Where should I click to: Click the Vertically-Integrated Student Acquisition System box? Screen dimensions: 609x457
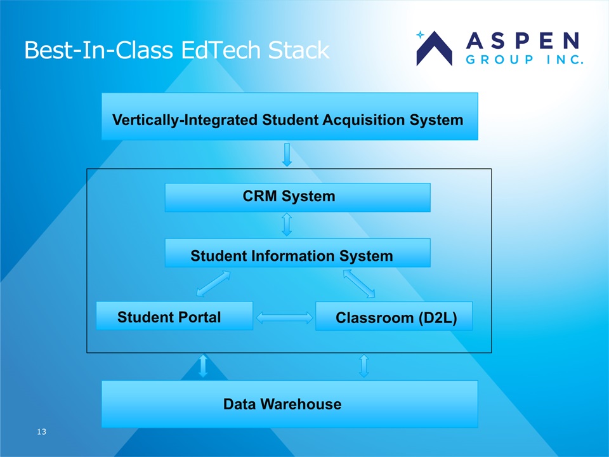(290, 116)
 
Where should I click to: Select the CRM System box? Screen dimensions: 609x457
(298, 197)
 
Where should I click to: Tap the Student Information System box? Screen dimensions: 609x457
(298, 253)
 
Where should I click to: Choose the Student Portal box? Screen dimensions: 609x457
(174, 315)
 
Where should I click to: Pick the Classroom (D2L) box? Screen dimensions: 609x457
(394, 316)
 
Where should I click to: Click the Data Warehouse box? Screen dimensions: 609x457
(290, 404)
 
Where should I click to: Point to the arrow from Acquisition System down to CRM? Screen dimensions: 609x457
(287, 155)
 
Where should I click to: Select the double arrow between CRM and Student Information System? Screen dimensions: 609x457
(287, 225)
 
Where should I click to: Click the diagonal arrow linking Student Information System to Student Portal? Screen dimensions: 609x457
(213, 284)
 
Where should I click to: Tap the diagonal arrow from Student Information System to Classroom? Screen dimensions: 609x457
(359, 284)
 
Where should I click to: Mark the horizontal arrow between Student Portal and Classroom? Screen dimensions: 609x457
(284, 318)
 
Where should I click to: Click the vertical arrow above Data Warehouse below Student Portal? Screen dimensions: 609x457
(203, 366)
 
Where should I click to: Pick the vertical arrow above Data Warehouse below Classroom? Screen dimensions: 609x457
(364, 366)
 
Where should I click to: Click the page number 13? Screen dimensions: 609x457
(42, 432)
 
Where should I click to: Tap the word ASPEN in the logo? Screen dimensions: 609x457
(523, 41)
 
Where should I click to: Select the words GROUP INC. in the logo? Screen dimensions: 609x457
(525, 60)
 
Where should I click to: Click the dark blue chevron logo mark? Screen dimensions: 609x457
(434, 49)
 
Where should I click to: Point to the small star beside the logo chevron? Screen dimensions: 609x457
(420, 35)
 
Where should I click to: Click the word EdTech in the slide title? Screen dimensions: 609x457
(221, 50)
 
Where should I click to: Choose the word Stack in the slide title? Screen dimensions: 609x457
(299, 50)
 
